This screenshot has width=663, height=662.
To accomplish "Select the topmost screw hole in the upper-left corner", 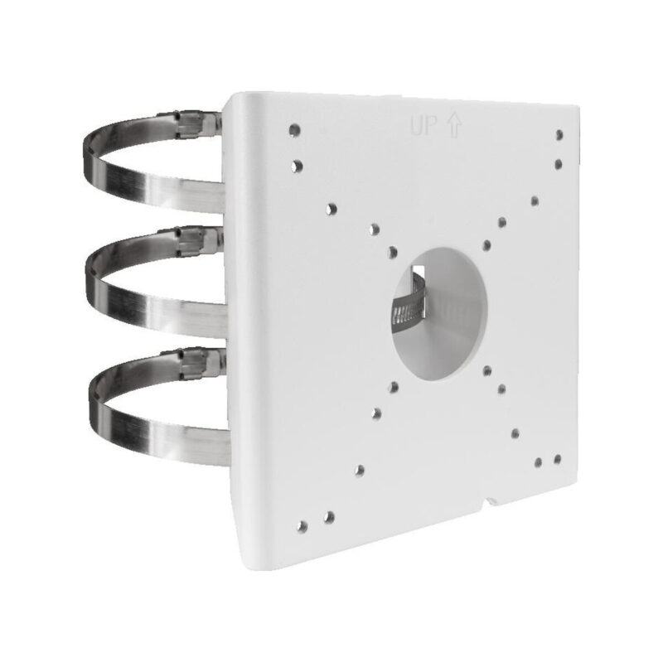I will click(294, 130).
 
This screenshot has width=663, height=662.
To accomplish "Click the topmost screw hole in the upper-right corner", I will click(559, 134).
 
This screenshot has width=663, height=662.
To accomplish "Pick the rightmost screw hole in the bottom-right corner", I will click(557, 458).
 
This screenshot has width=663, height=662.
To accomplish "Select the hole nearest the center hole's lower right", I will click(488, 370).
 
